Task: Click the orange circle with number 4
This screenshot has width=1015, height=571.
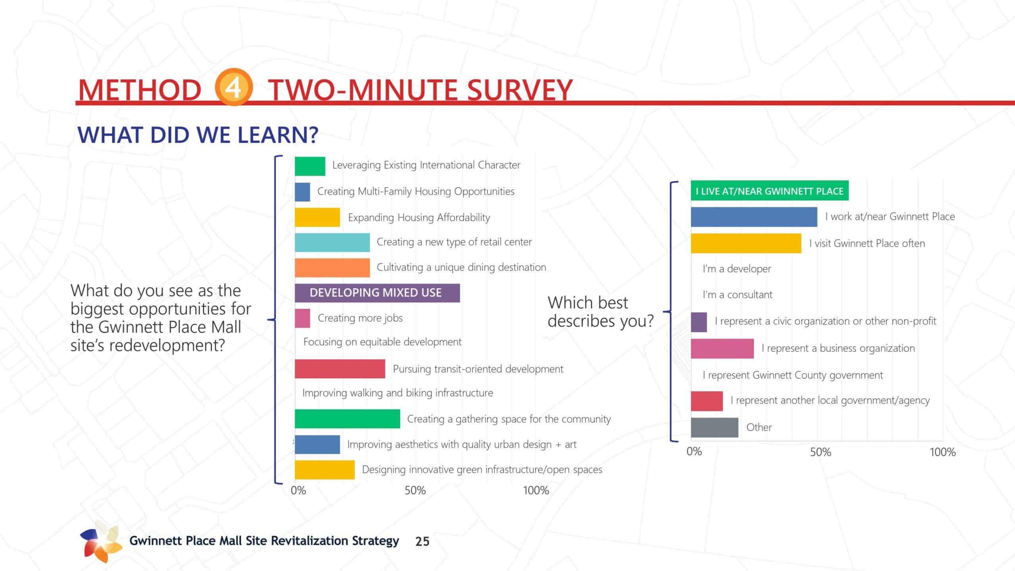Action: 234,87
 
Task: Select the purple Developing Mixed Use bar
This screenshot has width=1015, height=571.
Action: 377,293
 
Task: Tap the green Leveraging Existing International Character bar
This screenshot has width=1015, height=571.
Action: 310,166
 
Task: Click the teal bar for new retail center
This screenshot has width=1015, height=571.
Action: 332,242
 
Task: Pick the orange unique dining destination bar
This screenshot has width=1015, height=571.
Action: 332,268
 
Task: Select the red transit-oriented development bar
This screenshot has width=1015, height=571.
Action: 340,369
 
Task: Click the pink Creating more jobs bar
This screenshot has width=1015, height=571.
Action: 302,318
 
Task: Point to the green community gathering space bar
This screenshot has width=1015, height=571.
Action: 347,419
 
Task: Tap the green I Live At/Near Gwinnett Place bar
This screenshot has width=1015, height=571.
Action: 769,191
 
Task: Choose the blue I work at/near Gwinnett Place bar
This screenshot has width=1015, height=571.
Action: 754,217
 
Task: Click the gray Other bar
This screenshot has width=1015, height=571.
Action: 714,427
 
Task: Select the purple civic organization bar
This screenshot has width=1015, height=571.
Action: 699,322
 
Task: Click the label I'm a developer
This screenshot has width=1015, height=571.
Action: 737,269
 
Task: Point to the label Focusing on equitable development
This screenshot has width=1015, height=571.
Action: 382,342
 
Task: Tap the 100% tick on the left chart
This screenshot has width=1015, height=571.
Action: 536,491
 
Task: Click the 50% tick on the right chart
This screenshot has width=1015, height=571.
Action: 820,452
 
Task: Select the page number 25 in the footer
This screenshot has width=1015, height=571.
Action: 422,541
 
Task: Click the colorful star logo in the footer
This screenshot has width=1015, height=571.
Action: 101,541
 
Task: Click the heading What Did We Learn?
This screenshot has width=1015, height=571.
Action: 198,135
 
